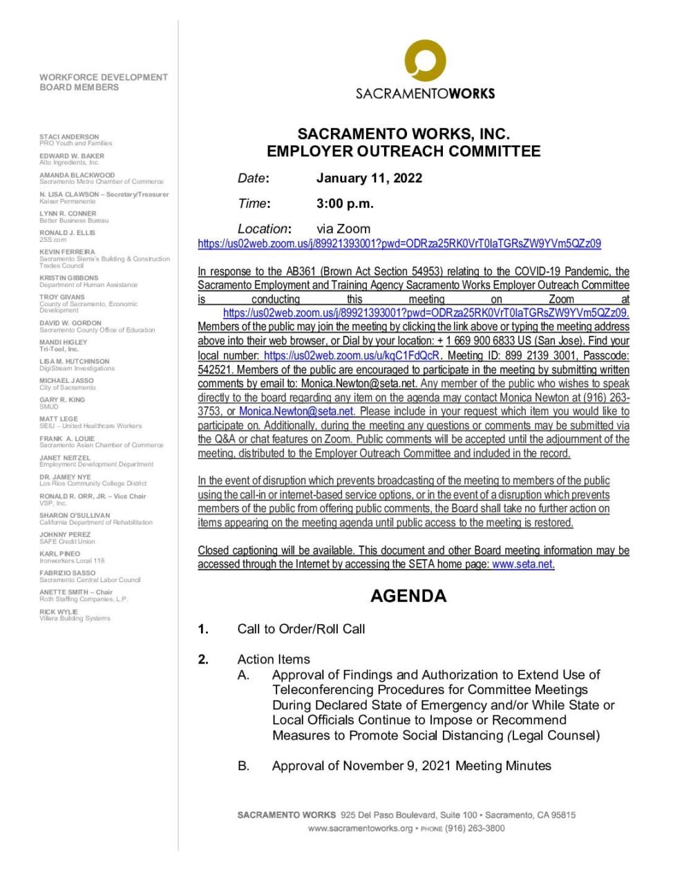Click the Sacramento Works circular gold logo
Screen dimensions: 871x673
click(x=425, y=61)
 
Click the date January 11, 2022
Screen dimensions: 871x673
click(x=369, y=178)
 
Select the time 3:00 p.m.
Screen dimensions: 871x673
click(x=345, y=204)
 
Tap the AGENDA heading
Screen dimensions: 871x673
click(x=408, y=596)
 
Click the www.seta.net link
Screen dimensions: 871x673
click(x=522, y=565)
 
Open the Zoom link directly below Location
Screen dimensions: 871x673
click(x=399, y=244)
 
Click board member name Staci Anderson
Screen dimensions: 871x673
click(x=69, y=137)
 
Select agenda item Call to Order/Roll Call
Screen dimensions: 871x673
click(x=301, y=629)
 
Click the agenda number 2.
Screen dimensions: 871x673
click(x=203, y=659)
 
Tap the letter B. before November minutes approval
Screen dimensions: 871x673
click(x=243, y=766)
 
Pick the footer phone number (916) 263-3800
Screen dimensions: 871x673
click(x=475, y=828)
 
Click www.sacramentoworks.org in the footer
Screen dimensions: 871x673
click(x=360, y=828)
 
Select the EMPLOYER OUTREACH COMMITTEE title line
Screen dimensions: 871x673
click(x=404, y=151)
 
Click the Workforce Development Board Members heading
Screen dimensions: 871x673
click(x=104, y=82)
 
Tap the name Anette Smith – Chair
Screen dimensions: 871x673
click(x=76, y=592)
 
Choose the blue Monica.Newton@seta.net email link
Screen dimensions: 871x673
click(x=296, y=411)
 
